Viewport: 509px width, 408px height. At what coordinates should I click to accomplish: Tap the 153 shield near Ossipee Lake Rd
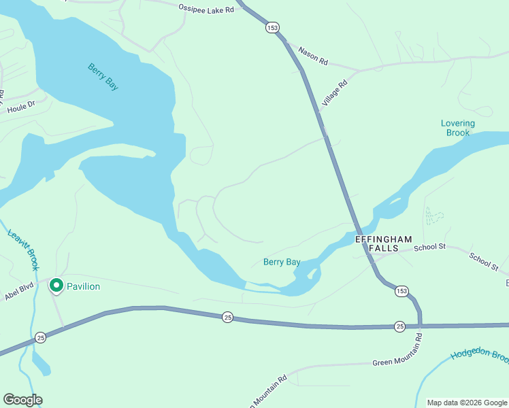click(273, 27)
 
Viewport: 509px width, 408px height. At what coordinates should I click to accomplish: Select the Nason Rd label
click(313, 57)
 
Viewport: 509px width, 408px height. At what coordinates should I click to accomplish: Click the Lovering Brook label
click(458, 128)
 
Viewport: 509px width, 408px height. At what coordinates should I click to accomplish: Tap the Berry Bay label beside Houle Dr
click(103, 76)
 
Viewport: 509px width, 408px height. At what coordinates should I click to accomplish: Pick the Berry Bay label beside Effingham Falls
click(282, 262)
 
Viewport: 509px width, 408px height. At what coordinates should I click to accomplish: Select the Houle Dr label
click(20, 108)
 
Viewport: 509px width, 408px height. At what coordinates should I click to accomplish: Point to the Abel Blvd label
click(19, 293)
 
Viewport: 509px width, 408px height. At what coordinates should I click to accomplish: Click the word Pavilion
click(83, 286)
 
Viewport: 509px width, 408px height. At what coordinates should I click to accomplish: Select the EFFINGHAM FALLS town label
click(384, 244)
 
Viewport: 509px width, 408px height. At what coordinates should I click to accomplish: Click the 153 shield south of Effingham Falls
click(401, 290)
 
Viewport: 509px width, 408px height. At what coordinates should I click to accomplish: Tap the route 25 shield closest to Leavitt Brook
click(41, 337)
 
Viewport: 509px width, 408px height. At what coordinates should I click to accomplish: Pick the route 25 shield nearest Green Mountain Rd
click(399, 327)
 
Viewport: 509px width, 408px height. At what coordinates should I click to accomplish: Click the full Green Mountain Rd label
click(402, 362)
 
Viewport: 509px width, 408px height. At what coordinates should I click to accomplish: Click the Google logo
click(22, 400)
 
